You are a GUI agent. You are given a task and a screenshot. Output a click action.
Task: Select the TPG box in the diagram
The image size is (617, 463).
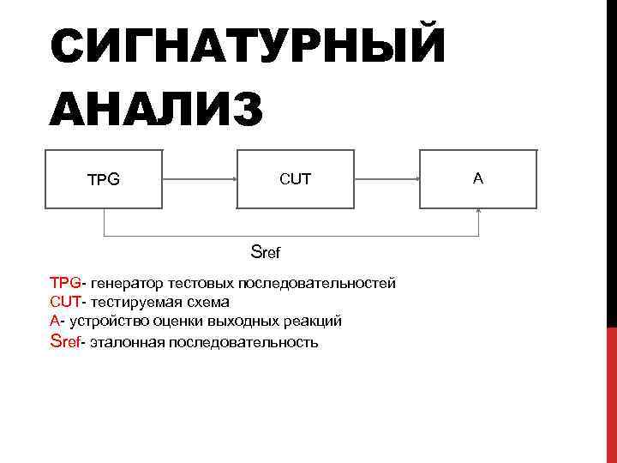(104, 180)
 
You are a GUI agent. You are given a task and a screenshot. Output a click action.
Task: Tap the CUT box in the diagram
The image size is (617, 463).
(296, 179)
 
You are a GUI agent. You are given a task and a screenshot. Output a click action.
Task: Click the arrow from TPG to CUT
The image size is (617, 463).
(200, 179)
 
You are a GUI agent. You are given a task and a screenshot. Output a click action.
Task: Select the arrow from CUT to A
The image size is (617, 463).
(386, 179)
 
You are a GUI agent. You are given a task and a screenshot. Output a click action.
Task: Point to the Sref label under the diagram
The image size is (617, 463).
(266, 252)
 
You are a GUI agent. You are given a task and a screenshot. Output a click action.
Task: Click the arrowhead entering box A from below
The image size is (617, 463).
(478, 212)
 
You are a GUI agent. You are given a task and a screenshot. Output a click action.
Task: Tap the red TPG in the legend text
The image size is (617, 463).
(66, 282)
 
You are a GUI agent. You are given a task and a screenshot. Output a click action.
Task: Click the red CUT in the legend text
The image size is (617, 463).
(65, 302)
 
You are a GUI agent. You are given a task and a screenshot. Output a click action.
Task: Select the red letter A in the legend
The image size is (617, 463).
(55, 321)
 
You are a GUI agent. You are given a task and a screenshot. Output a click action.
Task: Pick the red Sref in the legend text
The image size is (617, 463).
(65, 341)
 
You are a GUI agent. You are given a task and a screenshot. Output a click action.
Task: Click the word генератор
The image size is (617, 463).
(127, 282)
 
